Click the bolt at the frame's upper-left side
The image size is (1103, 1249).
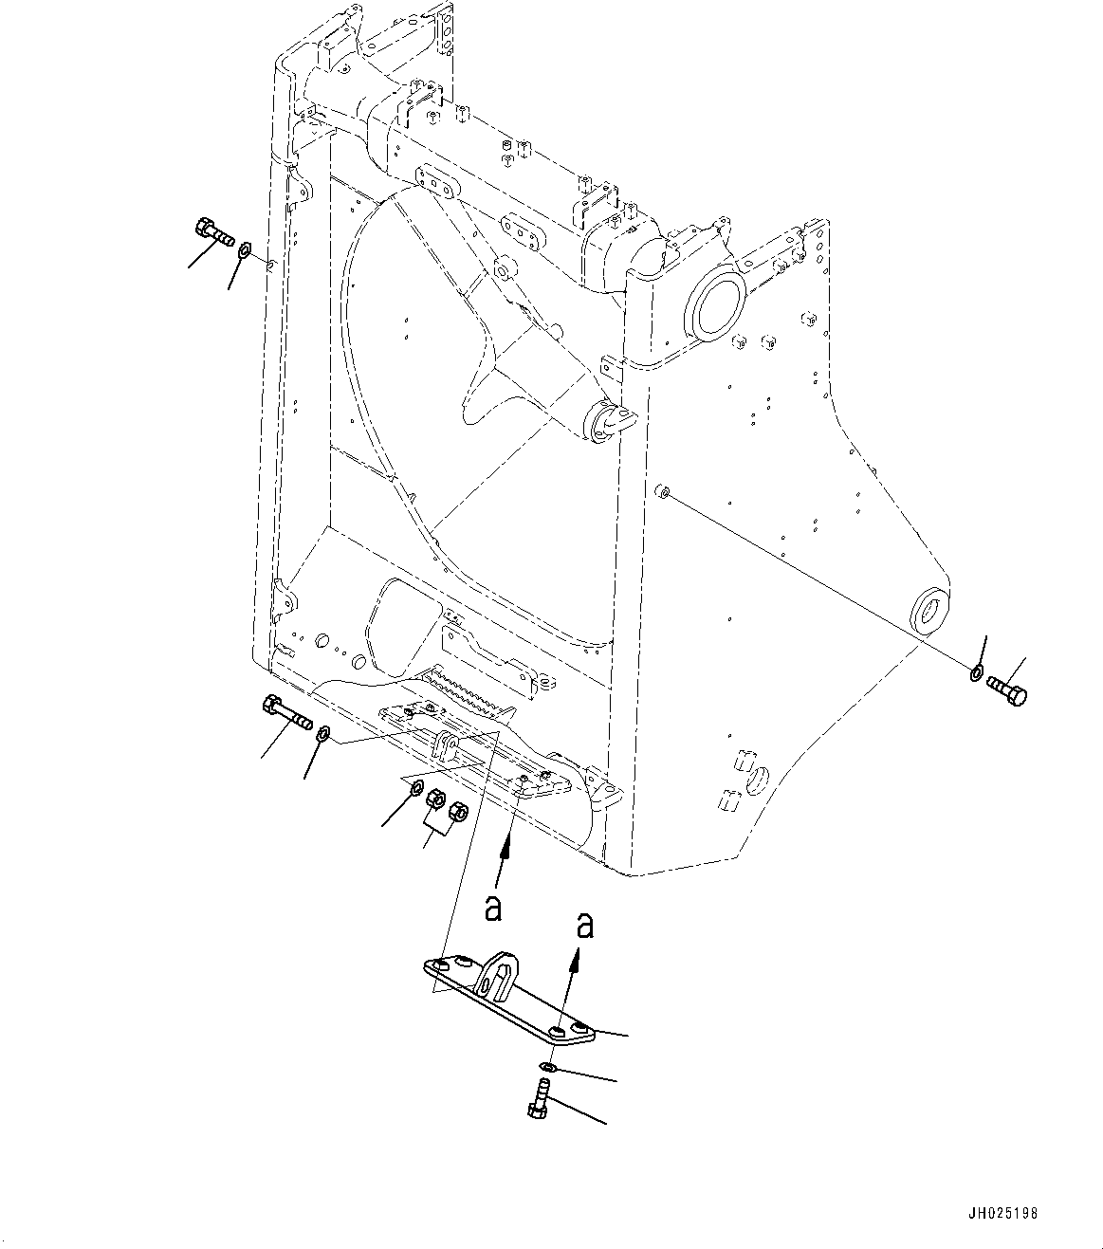214,230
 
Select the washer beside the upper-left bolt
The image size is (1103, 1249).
244,250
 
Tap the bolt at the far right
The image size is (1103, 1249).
1007,689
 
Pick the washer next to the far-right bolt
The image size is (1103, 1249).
977,673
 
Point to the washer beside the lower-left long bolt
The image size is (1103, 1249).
323,733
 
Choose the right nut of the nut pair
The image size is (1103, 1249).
457,811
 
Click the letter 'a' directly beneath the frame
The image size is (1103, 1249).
492,908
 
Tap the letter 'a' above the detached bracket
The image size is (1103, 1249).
585,925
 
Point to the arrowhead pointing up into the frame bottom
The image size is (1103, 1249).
509,847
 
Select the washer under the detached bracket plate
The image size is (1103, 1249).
552,1068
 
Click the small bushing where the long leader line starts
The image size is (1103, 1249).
664,491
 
